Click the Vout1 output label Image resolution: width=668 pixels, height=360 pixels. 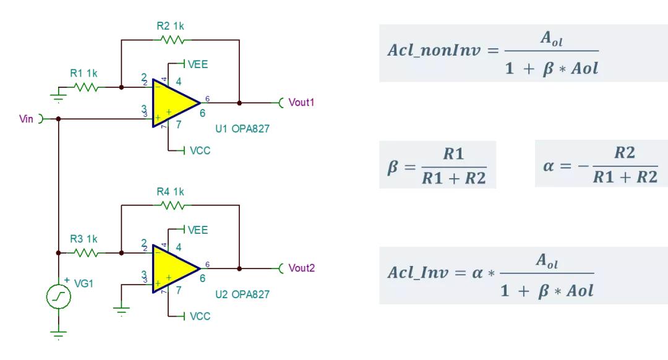click(x=302, y=102)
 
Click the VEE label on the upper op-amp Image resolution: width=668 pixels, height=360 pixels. click(x=197, y=64)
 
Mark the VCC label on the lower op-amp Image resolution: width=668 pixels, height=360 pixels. click(x=199, y=316)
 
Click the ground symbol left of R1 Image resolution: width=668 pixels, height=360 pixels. click(x=57, y=94)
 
